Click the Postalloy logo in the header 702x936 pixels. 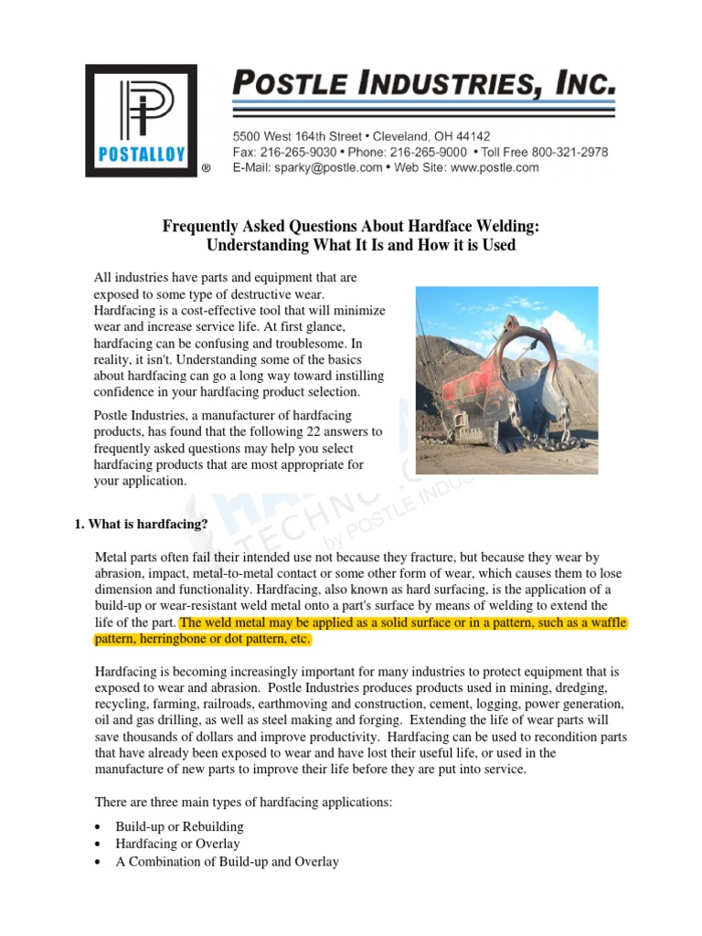(x=141, y=120)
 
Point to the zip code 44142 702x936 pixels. (x=470, y=135)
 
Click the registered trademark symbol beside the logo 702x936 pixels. (x=206, y=170)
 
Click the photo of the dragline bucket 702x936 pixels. (x=507, y=367)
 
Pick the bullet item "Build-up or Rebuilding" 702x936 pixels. (x=179, y=826)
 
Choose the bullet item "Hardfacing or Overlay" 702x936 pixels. (x=177, y=844)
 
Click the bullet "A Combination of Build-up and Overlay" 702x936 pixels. (x=227, y=861)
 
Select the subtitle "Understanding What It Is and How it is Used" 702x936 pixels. (x=360, y=245)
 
